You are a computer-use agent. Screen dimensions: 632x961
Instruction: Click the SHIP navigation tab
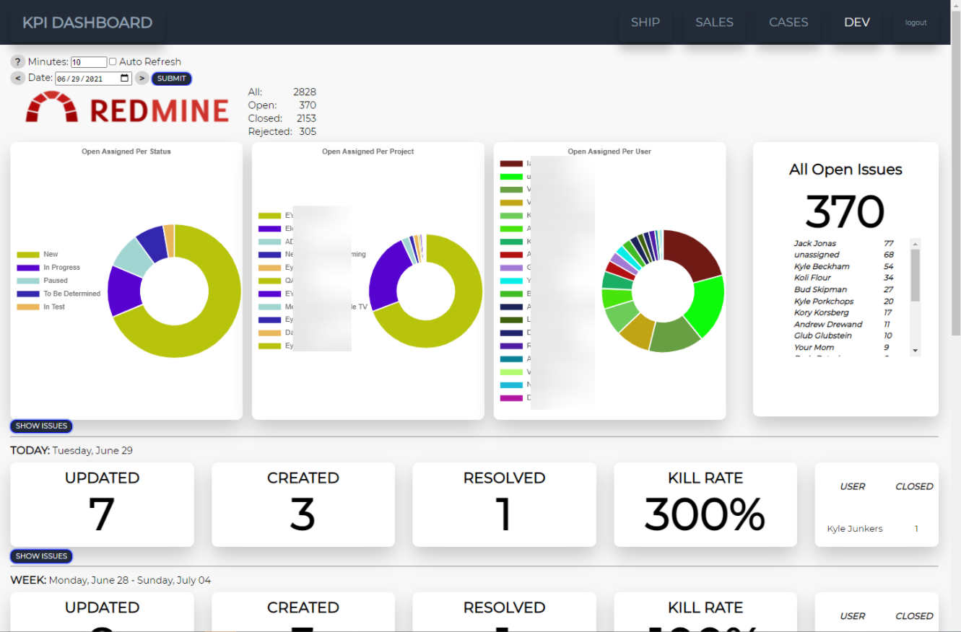click(645, 22)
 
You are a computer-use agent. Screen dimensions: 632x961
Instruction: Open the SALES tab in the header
click(714, 22)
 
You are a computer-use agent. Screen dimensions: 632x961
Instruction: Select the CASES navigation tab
click(788, 22)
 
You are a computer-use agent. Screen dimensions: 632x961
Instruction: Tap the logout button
click(916, 22)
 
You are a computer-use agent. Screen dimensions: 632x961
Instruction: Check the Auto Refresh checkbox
click(113, 62)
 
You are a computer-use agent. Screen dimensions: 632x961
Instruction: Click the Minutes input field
click(89, 62)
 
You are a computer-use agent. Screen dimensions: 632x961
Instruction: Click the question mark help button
click(18, 62)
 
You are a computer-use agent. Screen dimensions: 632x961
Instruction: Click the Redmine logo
click(127, 107)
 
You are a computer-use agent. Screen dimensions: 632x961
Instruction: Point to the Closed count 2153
click(306, 118)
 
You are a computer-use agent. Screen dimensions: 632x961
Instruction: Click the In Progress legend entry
click(61, 268)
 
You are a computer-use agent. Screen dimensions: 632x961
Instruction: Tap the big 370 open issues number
click(845, 212)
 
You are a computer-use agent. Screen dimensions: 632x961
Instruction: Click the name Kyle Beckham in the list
click(822, 266)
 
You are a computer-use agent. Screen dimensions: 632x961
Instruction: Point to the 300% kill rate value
click(705, 514)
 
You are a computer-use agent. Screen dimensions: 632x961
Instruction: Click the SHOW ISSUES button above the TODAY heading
click(41, 426)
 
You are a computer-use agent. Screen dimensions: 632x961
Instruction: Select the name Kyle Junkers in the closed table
click(855, 529)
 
